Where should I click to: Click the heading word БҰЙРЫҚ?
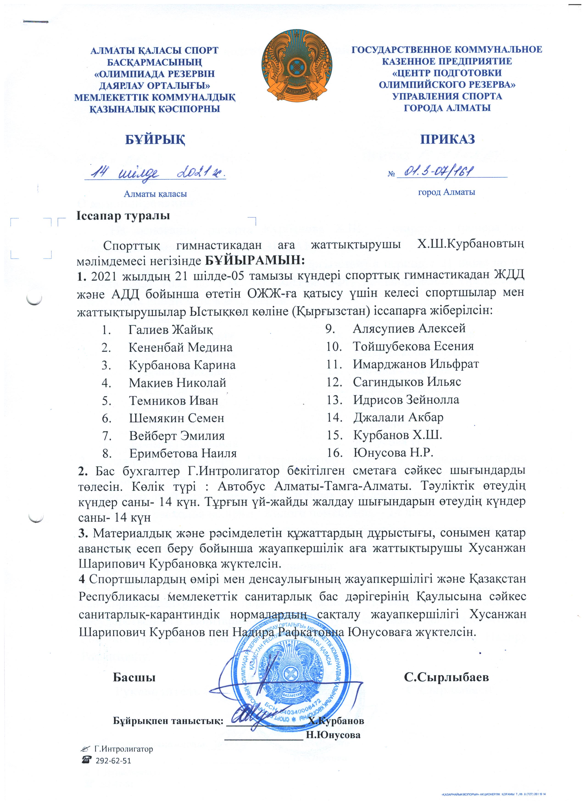coord(155,140)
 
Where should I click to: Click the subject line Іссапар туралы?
coord(123,215)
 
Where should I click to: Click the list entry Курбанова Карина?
coord(182,365)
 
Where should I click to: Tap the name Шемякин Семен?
coord(176,418)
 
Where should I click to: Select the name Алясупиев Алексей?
coord(409,328)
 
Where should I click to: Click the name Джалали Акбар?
coord(398,417)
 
